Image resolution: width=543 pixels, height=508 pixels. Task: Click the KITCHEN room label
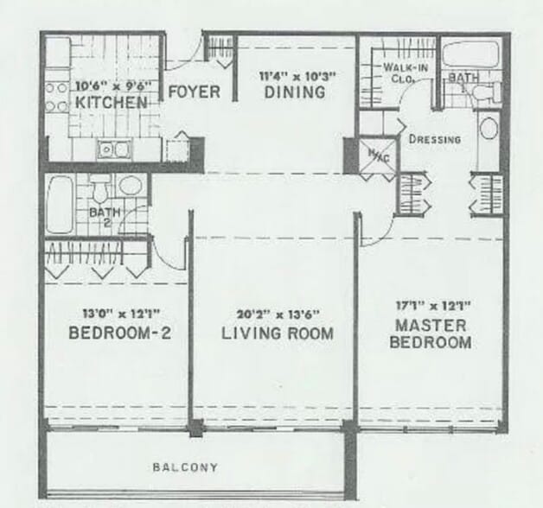pos(111,103)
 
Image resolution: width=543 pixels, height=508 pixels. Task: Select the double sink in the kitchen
pos(112,149)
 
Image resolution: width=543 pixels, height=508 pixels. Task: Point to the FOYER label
pos(193,92)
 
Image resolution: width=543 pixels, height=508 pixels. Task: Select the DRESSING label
pos(434,139)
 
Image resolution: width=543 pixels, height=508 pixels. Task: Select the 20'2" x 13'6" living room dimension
pos(273,314)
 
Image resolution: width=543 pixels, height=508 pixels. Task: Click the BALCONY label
pos(185,467)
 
